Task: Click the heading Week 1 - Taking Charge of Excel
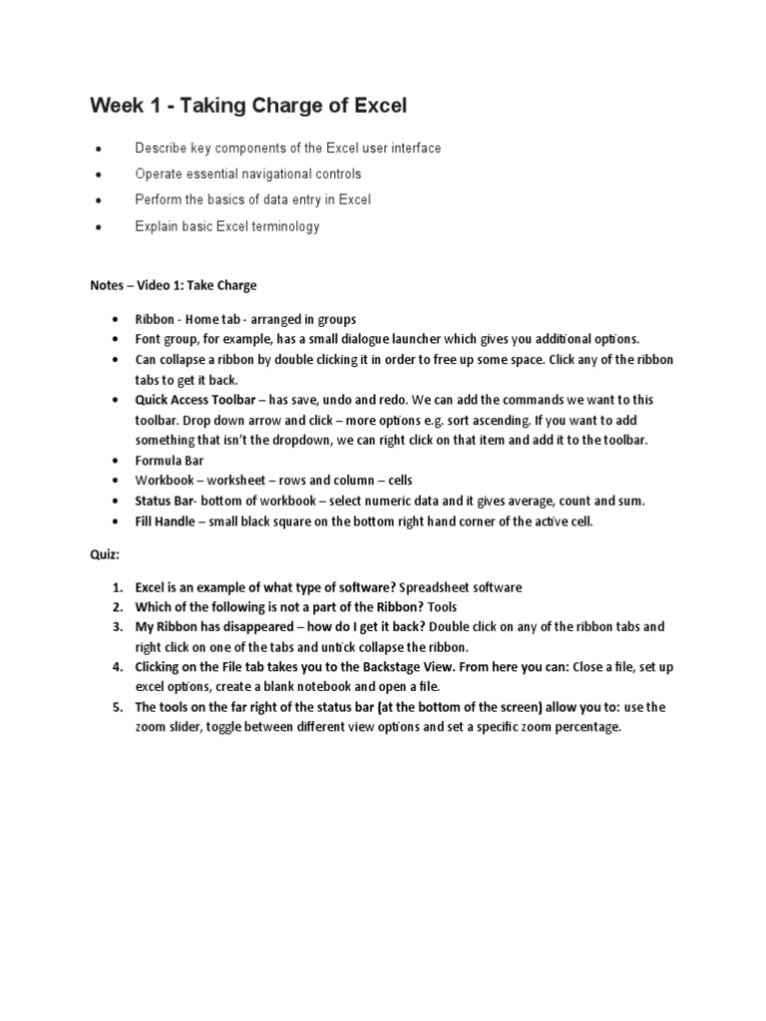[248, 105]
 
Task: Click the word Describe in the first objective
[161, 149]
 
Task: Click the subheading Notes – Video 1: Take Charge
[174, 285]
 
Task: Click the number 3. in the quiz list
[117, 627]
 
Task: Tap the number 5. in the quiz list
[117, 707]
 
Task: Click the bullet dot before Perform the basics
[98, 200]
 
